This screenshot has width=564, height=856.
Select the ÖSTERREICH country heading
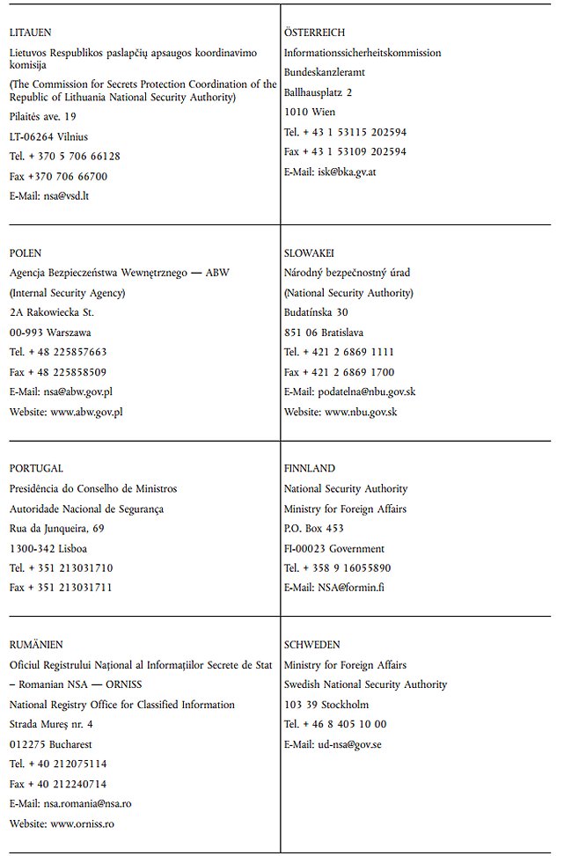click(x=314, y=33)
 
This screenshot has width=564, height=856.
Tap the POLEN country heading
click(x=26, y=253)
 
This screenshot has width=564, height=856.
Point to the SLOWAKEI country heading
click(x=309, y=253)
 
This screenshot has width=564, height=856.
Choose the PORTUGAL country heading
click(x=36, y=469)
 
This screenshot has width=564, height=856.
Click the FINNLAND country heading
click(x=310, y=469)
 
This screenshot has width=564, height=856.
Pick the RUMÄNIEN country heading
click(x=36, y=645)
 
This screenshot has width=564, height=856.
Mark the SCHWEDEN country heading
click(x=312, y=645)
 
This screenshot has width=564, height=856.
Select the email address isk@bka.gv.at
click(x=348, y=172)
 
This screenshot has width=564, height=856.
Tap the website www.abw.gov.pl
click(x=86, y=412)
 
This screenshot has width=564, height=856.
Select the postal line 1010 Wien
click(x=310, y=113)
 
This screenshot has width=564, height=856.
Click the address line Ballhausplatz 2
click(x=318, y=92)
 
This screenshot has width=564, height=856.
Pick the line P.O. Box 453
click(x=313, y=529)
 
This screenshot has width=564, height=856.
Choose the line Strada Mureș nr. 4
click(x=51, y=724)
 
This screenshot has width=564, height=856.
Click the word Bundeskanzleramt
click(x=325, y=72)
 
